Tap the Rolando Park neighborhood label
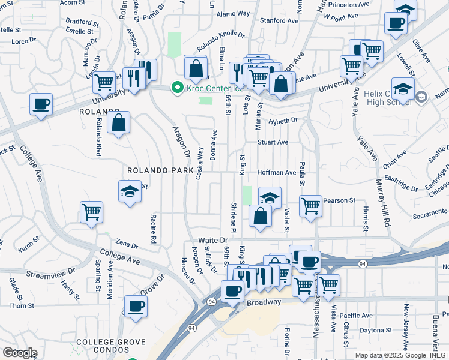[x=159, y=170]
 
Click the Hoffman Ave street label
[x=276, y=172]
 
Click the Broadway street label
[x=263, y=304]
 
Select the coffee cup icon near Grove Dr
[x=136, y=306]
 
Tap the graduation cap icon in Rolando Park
[x=129, y=191]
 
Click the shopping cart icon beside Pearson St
[x=310, y=206]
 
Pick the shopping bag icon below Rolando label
[x=119, y=122]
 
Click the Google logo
[x=19, y=353]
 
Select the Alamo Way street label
[x=233, y=13]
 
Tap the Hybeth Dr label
[x=283, y=120]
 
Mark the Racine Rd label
[x=154, y=230]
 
